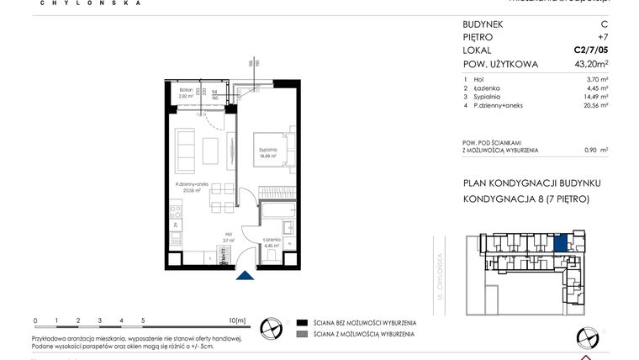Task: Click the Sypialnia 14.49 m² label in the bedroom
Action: point(268,152)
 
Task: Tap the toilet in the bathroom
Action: point(270,256)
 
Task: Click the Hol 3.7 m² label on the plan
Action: point(228,238)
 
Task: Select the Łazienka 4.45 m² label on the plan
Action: point(271,243)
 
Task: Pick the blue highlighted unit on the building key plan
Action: point(561,244)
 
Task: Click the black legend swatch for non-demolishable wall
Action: point(302,322)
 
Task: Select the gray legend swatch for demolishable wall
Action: point(302,335)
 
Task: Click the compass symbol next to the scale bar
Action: point(272,326)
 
